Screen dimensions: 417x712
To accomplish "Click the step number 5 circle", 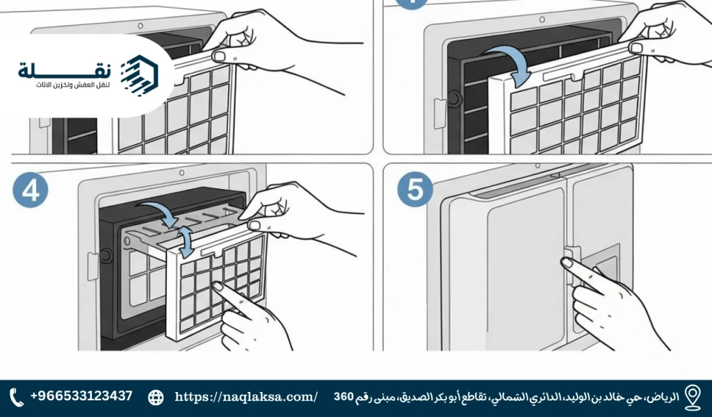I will pos(414,190).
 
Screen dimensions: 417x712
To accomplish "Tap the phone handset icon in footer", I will pos(17,397).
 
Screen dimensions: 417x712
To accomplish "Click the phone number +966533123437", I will pos(81,396).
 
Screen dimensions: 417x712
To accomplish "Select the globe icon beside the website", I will pos(156,397).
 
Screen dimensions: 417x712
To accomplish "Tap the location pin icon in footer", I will pos(692,396).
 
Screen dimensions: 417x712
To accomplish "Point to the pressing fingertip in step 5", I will pos(567,263).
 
